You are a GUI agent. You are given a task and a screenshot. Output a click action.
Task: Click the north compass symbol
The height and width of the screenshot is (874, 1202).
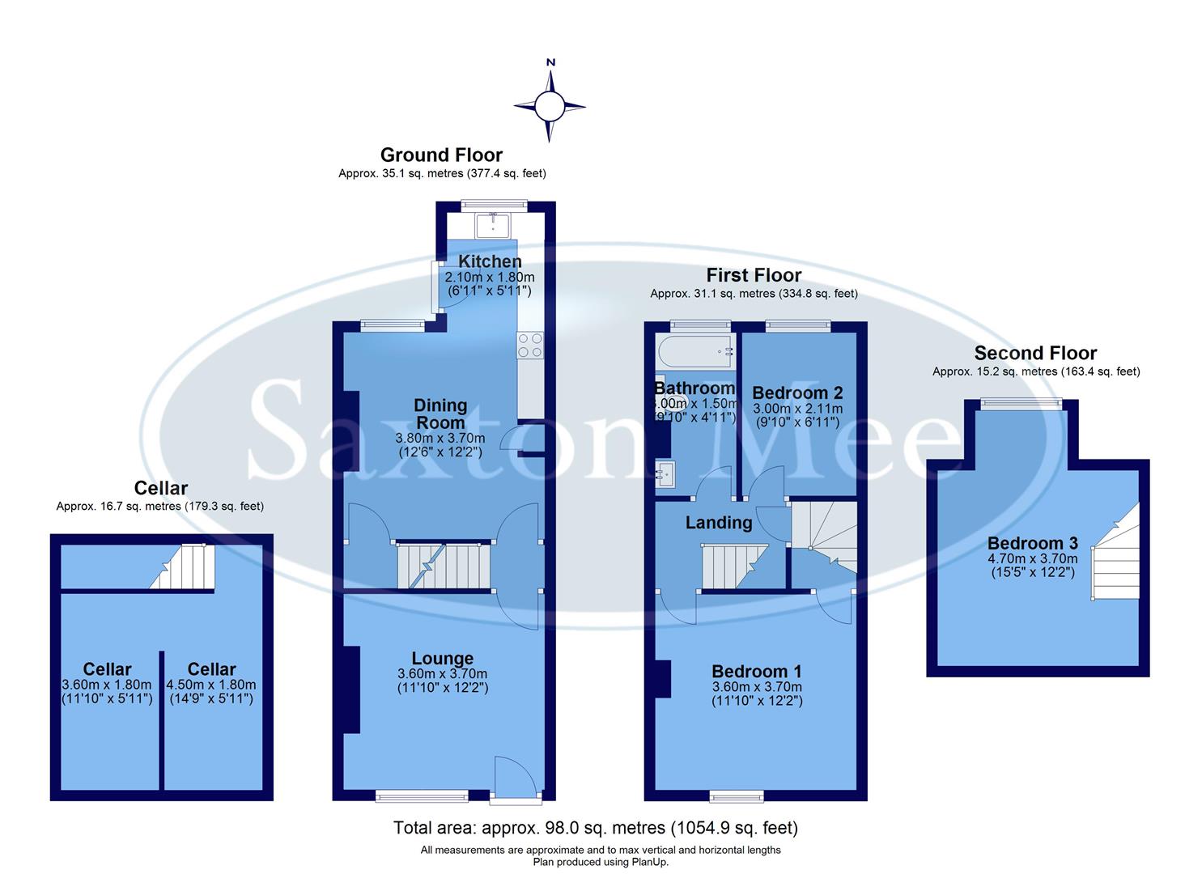click(x=550, y=105)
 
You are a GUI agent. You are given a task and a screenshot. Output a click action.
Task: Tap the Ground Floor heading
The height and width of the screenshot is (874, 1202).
click(x=441, y=155)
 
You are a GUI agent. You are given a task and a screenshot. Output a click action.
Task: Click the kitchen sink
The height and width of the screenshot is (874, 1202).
click(x=492, y=224)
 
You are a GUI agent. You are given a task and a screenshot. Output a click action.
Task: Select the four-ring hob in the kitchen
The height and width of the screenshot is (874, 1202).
click(x=530, y=346)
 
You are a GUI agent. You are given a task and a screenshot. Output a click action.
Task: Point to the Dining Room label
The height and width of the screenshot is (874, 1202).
click(x=440, y=414)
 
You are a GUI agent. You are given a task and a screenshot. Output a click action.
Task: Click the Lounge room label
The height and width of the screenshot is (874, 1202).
click(x=442, y=659)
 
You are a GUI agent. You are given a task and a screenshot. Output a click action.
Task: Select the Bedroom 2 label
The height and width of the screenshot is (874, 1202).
click(x=797, y=393)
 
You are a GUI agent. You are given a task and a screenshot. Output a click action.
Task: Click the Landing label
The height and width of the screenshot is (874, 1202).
click(x=719, y=523)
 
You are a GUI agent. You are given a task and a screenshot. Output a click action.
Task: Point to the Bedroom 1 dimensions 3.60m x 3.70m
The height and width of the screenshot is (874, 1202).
click(x=757, y=687)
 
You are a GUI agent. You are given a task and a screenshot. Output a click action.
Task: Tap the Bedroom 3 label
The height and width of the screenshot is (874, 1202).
click(x=1031, y=543)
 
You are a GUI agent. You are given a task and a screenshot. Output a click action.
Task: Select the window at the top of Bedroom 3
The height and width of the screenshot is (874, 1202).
click(x=1020, y=403)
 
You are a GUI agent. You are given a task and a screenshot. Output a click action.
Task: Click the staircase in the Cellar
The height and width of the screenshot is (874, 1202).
click(x=185, y=566)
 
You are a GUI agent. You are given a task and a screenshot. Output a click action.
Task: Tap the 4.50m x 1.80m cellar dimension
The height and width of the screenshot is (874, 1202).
click(x=211, y=684)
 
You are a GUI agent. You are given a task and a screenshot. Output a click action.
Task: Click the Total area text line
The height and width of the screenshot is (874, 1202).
click(x=595, y=828)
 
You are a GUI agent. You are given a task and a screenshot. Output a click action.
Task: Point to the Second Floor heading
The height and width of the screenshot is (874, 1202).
click(x=1035, y=353)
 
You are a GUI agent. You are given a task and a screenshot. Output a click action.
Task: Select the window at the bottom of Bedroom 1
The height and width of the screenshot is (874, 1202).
click(x=736, y=797)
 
